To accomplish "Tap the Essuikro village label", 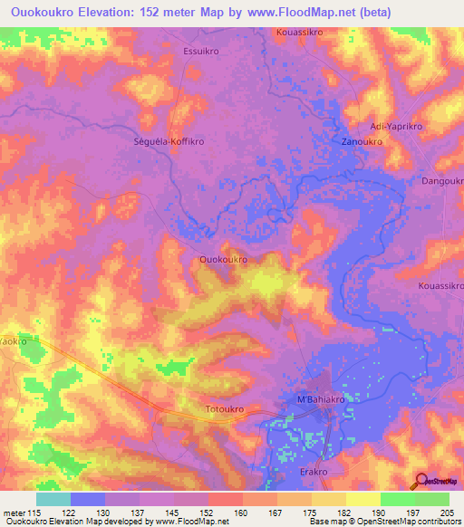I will click(201, 52).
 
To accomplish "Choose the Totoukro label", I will click(225, 409).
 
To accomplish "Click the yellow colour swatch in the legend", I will click(362, 499).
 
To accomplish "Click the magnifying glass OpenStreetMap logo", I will click(420, 479).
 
